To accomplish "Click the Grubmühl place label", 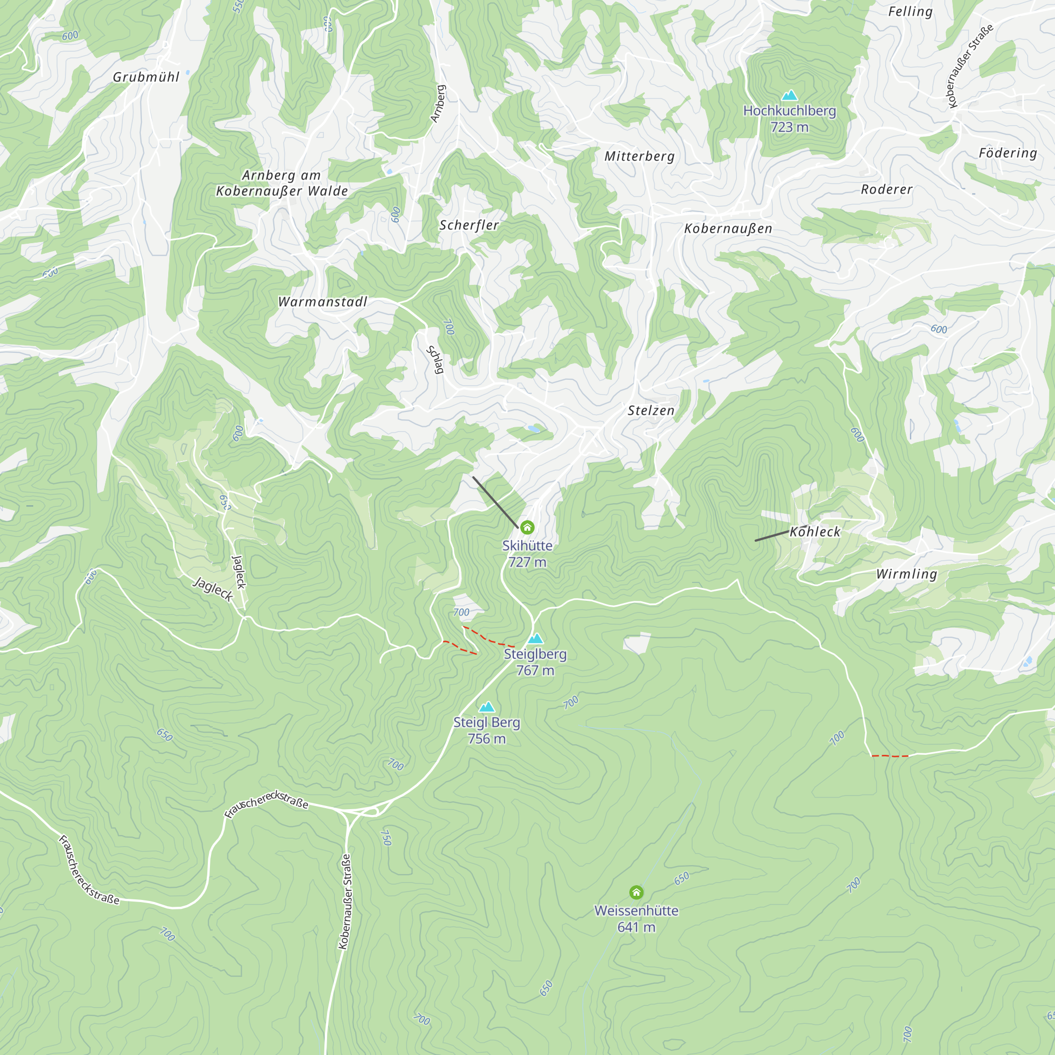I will (x=146, y=77).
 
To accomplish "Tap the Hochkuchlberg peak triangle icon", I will (x=789, y=96).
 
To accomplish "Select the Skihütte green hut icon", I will (x=527, y=527).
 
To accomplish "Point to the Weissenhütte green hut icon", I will (x=636, y=893).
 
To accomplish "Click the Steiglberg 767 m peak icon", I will (x=535, y=638).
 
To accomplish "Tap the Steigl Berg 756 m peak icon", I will (x=486, y=707).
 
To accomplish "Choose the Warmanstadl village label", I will (x=322, y=301).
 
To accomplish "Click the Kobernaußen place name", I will (x=728, y=228).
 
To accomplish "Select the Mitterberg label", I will (x=639, y=156).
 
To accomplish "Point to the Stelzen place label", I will (x=651, y=410).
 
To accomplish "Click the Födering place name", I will (x=1008, y=153).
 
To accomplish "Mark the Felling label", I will (x=910, y=12).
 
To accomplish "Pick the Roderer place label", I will (x=886, y=189).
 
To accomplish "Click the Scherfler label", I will (x=469, y=225).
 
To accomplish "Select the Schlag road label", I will (x=434, y=359).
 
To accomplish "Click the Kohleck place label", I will (x=815, y=531).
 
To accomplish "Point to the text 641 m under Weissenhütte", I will (x=636, y=927).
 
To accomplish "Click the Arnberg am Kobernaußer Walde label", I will (x=282, y=183).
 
